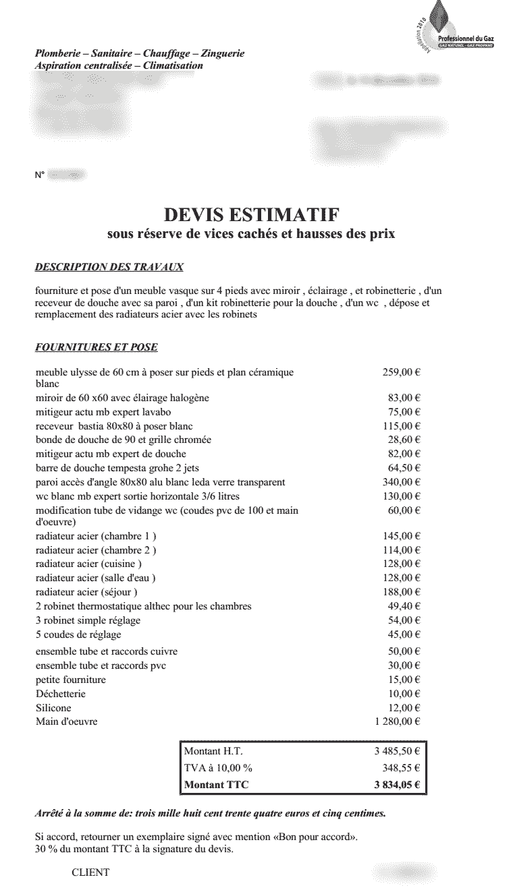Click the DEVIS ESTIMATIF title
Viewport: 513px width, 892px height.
[252, 216]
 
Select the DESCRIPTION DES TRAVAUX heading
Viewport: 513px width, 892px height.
[109, 267]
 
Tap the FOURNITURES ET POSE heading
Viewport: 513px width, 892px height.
[97, 347]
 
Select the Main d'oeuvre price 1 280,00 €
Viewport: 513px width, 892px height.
[397, 722]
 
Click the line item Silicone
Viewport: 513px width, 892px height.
[53, 708]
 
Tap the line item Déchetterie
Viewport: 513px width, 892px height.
[61, 694]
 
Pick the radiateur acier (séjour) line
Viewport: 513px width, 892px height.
[86, 592]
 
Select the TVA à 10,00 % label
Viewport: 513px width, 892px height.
[218, 768]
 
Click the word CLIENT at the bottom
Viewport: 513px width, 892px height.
[90, 872]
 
